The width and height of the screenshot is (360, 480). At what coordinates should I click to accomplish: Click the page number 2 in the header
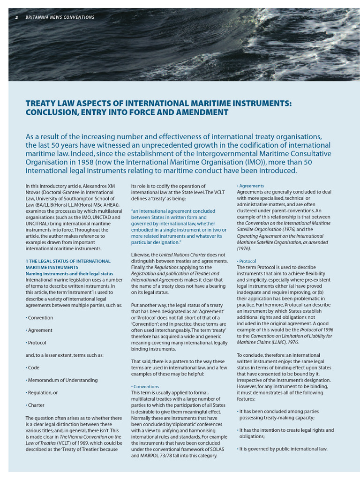tap(17, 17)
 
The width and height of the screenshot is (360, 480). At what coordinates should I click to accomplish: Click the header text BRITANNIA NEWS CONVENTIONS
tap(60, 17)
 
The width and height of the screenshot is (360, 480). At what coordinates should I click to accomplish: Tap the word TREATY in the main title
tap(40, 103)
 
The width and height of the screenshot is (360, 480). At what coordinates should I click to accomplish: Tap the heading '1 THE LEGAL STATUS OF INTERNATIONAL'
tap(68, 261)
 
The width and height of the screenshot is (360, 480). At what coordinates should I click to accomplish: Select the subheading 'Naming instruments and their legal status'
tap(69, 273)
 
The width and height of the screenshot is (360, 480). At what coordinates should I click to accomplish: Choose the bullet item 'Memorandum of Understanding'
tap(62, 380)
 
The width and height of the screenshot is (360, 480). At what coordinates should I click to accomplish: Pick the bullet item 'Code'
tap(33, 367)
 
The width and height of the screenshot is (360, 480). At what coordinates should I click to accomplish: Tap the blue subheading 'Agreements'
tap(251, 186)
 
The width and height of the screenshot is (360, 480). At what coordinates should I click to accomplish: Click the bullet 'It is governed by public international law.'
tap(283, 449)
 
